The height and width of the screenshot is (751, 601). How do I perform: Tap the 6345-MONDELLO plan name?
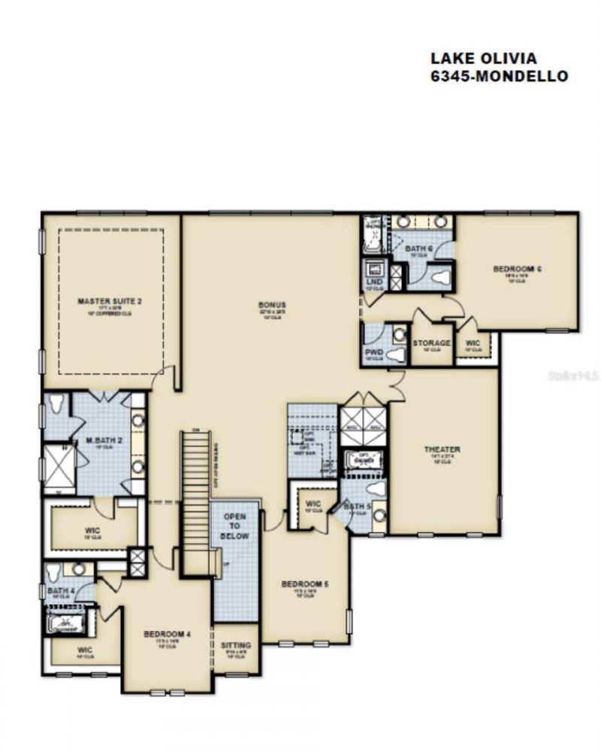click(498, 76)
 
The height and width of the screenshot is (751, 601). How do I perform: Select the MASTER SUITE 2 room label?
click(110, 301)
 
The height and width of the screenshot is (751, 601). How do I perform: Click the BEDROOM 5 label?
click(304, 584)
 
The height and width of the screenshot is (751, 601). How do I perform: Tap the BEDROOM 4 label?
click(167, 635)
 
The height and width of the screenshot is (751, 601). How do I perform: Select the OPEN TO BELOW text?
click(234, 526)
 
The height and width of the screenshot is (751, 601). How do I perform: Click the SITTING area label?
click(236, 646)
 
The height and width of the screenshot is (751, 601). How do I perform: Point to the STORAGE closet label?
click(431, 343)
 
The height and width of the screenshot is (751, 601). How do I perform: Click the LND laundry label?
click(374, 282)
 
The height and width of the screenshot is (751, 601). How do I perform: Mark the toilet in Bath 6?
click(440, 277)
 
